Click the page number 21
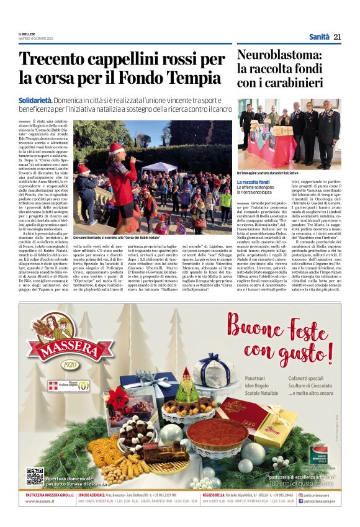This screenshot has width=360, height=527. coord(337,37)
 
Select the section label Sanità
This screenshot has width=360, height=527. coord(319,37)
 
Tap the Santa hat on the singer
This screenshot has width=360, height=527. coord(116,148)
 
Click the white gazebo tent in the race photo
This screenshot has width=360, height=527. coord(150,168)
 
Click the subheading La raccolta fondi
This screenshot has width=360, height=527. coord(253,181)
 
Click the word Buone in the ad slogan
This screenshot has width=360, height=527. coord(256,328)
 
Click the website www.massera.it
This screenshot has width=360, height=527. coord(38,500)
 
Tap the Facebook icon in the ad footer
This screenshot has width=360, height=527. coord(301,500)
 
